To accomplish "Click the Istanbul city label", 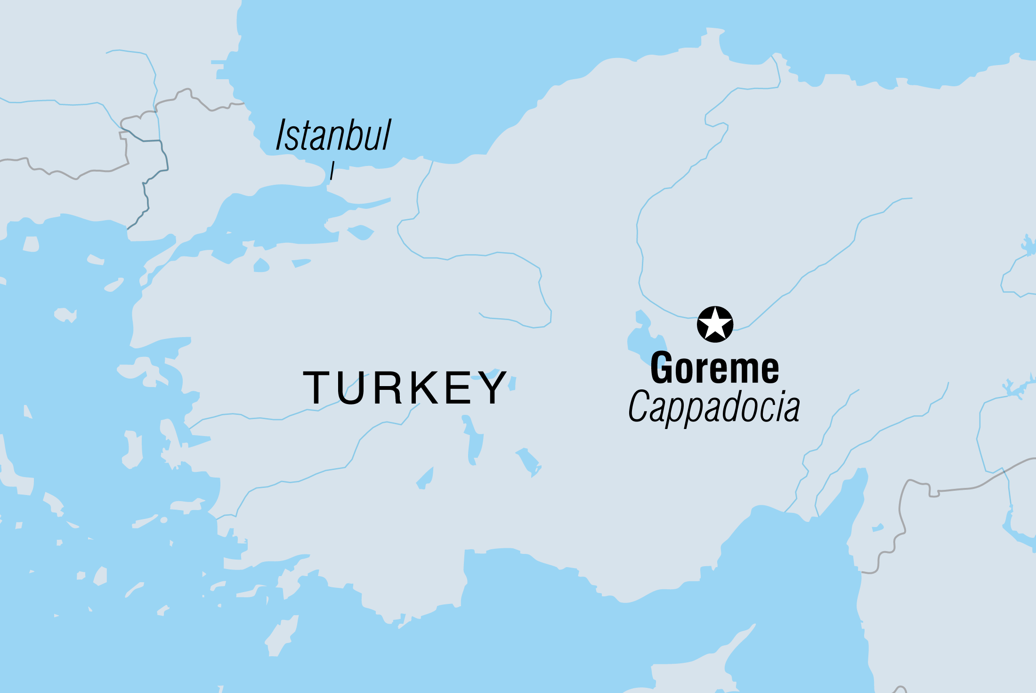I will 333,135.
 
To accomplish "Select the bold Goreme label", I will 714,369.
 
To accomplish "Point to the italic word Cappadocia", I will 714,407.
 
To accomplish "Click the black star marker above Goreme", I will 715,324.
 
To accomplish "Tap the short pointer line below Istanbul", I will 332,170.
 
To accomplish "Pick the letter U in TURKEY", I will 351,388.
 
